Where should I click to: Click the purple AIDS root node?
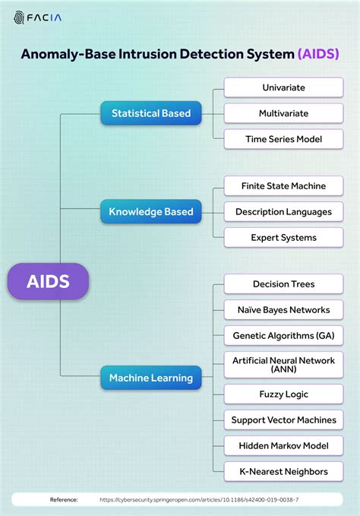coord(48,281)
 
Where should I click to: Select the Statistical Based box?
coord(151,113)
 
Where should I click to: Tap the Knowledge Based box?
coord(151,211)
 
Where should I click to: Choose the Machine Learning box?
coord(151,378)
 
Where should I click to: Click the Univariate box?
coord(284,87)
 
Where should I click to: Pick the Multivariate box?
coord(284,113)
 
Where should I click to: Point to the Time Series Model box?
coord(284,139)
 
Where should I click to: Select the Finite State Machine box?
coord(284,186)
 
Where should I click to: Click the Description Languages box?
coord(284,211)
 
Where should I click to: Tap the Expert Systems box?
coord(284,238)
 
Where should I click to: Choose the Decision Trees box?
coord(284,284)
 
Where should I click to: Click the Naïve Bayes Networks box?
coord(284,309)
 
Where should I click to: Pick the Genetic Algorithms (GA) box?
coord(284,336)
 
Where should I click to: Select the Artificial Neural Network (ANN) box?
coord(284,365)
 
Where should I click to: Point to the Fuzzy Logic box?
coord(284,394)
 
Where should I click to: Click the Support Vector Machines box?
coord(284,420)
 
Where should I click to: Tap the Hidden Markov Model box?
coord(284,446)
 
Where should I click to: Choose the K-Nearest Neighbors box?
coord(284,472)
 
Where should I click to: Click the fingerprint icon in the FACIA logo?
coord(19,17)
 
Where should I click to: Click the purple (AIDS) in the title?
coord(318,54)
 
